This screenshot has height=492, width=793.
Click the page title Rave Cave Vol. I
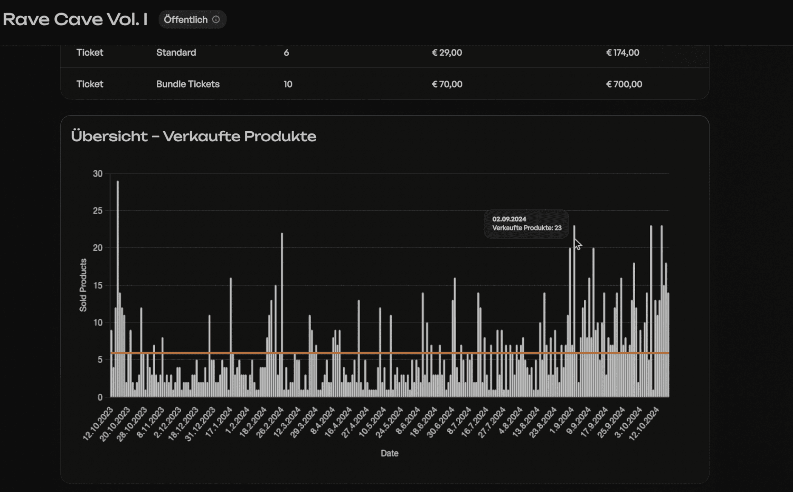(75, 19)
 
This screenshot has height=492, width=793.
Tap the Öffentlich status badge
(192, 19)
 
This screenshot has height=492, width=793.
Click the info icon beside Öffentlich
(216, 19)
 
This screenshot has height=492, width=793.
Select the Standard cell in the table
(176, 53)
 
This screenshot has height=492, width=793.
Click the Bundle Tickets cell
(188, 84)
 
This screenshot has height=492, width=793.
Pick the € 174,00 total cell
(623, 53)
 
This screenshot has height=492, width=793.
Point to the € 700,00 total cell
(624, 84)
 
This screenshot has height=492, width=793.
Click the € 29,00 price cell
(447, 53)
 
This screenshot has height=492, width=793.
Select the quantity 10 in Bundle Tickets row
(288, 84)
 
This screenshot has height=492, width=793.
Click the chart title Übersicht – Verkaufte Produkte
(193, 136)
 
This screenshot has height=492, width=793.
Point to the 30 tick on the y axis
(98, 173)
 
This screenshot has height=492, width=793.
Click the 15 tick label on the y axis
(98, 285)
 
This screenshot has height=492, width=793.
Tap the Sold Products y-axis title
(83, 285)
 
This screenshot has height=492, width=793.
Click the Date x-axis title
(389, 453)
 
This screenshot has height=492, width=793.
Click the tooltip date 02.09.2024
(509, 219)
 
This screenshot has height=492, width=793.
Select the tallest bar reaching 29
(118, 289)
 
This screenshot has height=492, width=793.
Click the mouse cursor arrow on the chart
(577, 244)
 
